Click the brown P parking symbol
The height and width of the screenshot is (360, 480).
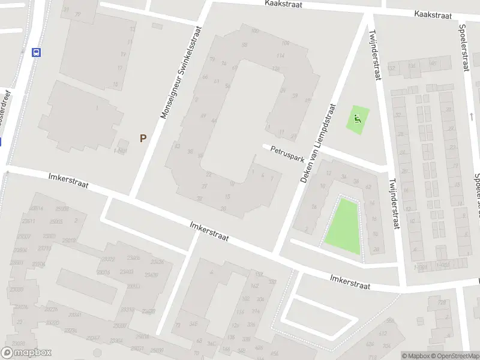tap(143, 138)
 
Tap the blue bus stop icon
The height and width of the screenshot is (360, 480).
tap(37, 52)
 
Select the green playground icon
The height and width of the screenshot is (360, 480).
tap(358, 119)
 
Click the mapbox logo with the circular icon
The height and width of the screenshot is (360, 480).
tap(26, 353)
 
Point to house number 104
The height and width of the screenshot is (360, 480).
tap(285, 43)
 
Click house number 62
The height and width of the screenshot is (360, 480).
tap(368, 187)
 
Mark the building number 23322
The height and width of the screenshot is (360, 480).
tap(108, 259)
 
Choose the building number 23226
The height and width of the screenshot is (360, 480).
tap(52, 310)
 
